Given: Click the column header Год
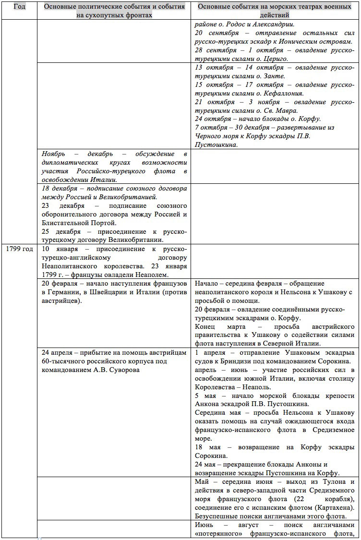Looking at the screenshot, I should coord(19,7).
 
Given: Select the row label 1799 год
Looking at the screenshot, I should coord(19,249).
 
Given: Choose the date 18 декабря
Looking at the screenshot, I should coord(60,188).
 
